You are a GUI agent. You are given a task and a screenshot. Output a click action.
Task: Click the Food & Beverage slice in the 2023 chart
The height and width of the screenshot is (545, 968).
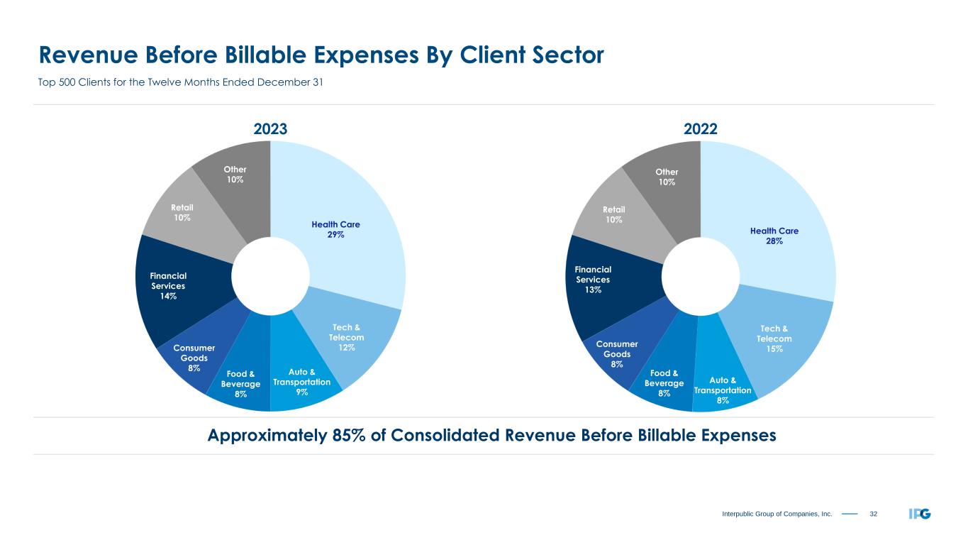point(241,383)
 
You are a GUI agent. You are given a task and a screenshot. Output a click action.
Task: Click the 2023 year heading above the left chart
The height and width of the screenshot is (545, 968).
point(270,129)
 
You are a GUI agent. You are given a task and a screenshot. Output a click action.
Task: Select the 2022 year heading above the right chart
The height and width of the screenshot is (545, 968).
point(701,129)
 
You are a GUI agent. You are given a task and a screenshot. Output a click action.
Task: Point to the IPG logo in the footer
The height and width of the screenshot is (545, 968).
point(919,513)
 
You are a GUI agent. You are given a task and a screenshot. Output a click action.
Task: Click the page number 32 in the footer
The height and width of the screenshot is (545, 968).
point(873,513)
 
